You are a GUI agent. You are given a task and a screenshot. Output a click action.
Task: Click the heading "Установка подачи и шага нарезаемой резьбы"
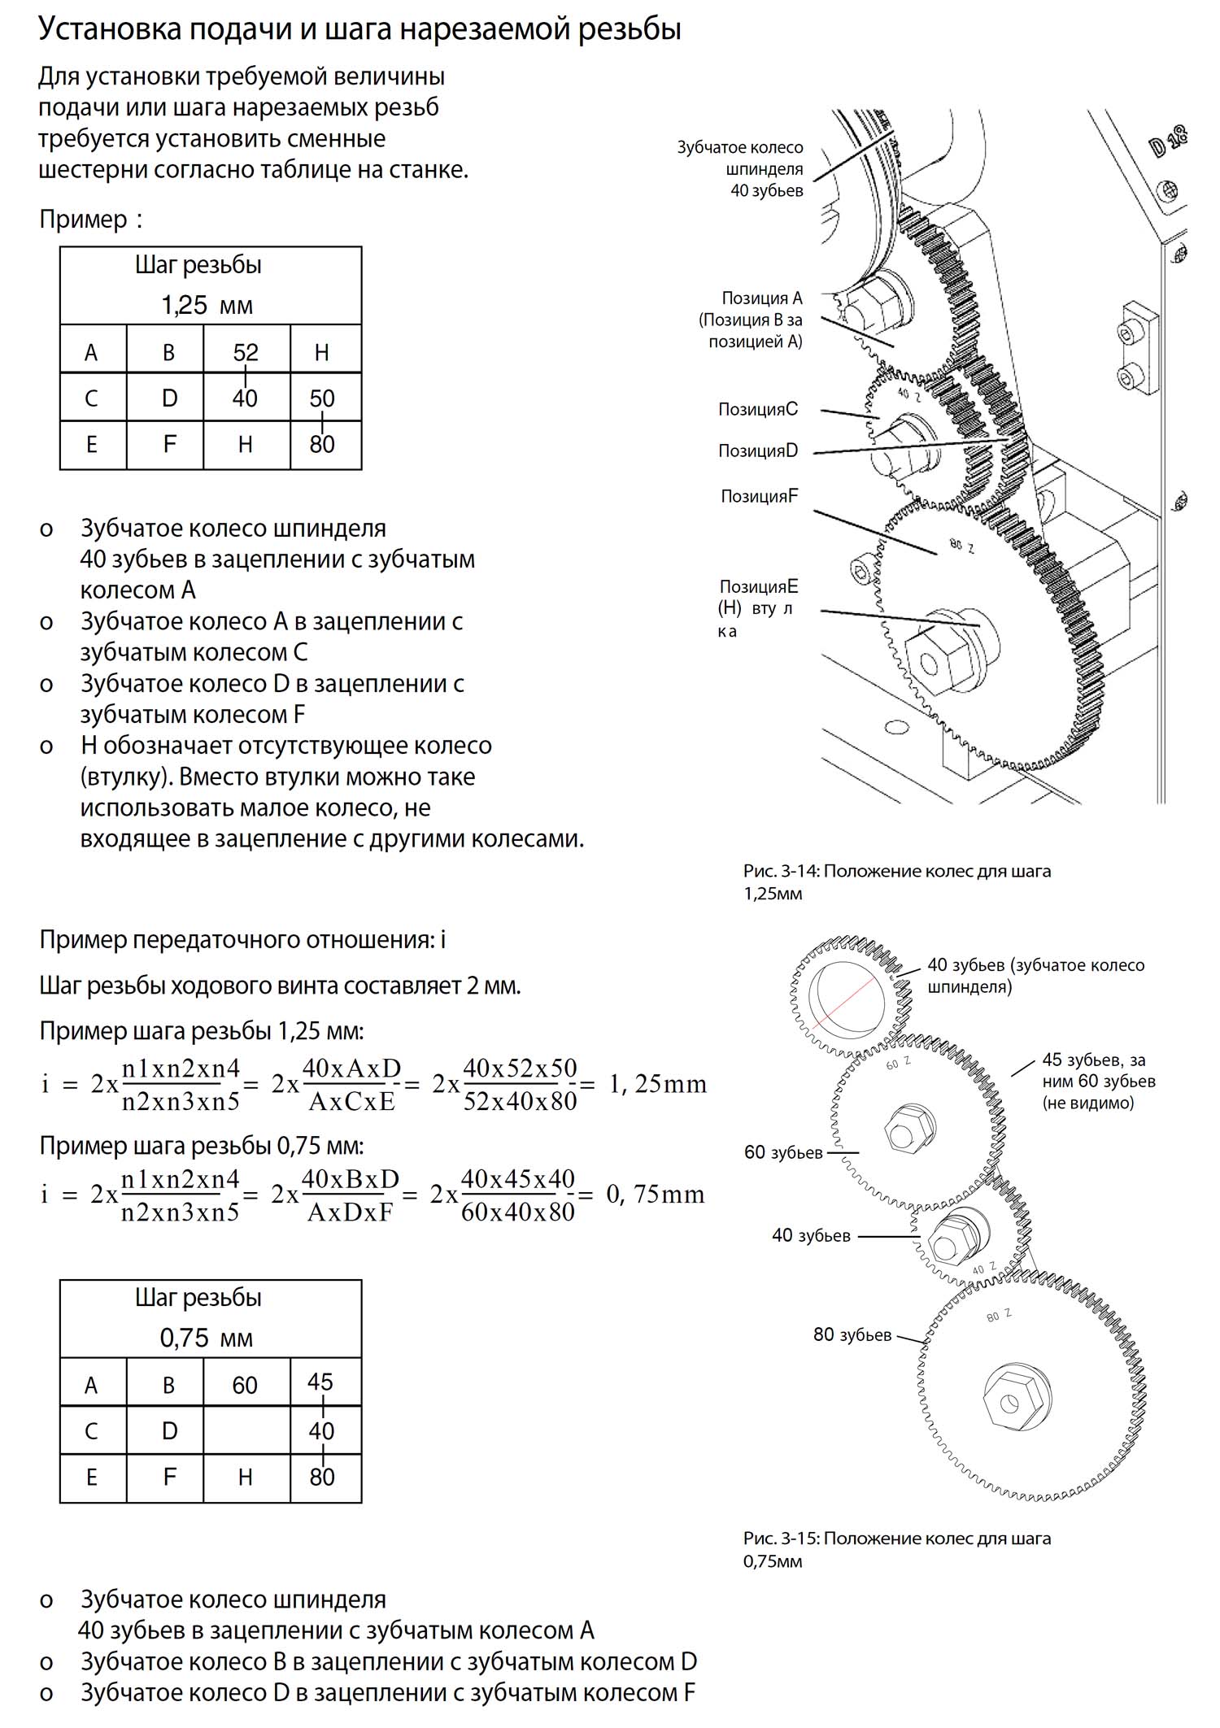tap(359, 30)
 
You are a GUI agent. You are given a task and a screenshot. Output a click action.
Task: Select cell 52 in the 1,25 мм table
tap(246, 351)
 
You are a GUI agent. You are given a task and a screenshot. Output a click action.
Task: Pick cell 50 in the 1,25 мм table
tap(322, 398)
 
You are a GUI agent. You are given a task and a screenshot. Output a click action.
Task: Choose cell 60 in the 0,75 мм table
tap(245, 1385)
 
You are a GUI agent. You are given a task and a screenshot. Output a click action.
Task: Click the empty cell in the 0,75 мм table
tap(246, 1430)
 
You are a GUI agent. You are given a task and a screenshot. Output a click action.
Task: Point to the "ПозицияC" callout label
tap(758, 409)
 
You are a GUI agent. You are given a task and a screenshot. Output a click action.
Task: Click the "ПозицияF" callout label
tap(760, 496)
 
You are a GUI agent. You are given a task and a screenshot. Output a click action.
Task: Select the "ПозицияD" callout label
tap(758, 450)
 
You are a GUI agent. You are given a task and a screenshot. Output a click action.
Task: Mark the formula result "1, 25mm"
tap(658, 1084)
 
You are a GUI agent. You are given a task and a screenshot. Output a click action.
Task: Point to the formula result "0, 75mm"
tap(656, 1194)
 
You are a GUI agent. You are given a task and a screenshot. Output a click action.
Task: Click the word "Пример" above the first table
tap(84, 220)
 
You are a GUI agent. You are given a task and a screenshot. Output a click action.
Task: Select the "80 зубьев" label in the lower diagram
tap(852, 1334)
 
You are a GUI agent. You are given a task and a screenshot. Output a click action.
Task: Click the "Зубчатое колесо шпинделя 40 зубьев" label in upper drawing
tap(740, 169)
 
